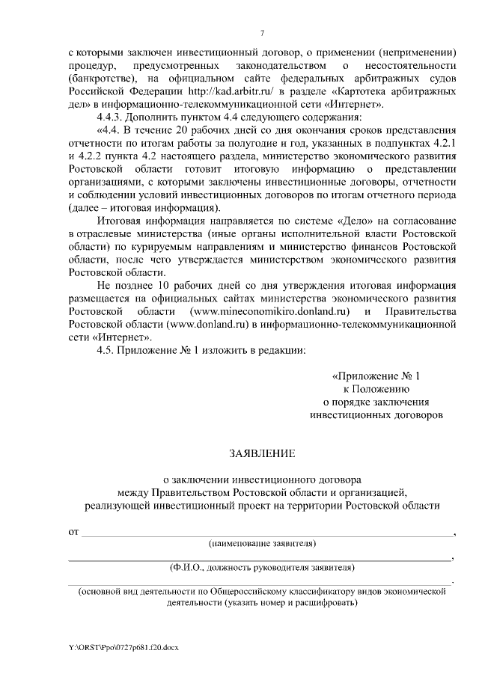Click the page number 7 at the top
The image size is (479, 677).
pyautogui.click(x=261, y=31)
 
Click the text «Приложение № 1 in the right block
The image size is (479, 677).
pyautogui.click(x=381, y=375)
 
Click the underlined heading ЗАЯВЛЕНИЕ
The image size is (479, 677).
pyautogui.click(x=261, y=453)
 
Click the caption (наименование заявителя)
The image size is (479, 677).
pyautogui.click(x=262, y=542)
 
